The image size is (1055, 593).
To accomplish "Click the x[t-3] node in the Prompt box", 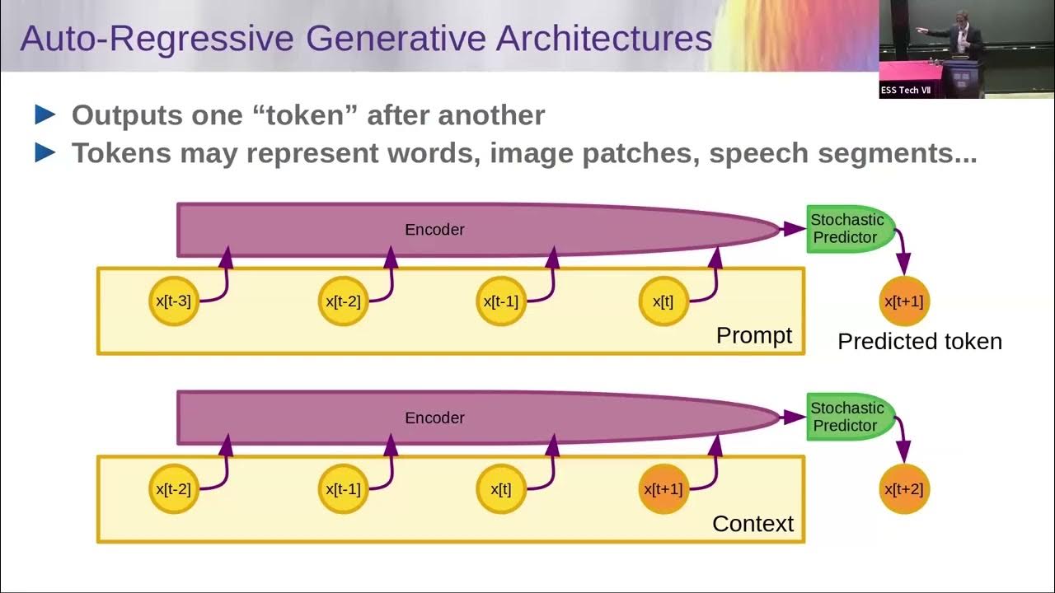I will (x=173, y=301).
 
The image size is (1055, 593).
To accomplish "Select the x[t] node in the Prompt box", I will (x=663, y=301).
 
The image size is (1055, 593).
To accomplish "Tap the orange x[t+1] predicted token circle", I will (x=904, y=301).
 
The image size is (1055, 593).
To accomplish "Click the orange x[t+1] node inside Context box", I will (x=663, y=489).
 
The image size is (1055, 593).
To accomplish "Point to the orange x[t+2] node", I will (x=904, y=489).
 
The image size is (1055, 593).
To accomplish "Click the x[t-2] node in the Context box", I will (x=173, y=489).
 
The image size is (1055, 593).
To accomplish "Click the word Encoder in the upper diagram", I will (x=434, y=230).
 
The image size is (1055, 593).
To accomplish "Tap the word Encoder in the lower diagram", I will (x=434, y=418).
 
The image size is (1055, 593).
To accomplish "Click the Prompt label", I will (x=753, y=335).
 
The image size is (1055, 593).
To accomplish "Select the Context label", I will (x=753, y=523).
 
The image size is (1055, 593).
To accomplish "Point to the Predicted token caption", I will (x=920, y=341).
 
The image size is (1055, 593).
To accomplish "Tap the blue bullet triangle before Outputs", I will (x=45, y=115).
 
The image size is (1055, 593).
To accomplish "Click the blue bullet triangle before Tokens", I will (x=45, y=153).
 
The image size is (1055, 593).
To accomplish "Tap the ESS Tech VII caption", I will (x=905, y=90).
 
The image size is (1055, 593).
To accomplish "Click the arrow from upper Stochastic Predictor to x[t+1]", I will (x=902, y=251).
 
